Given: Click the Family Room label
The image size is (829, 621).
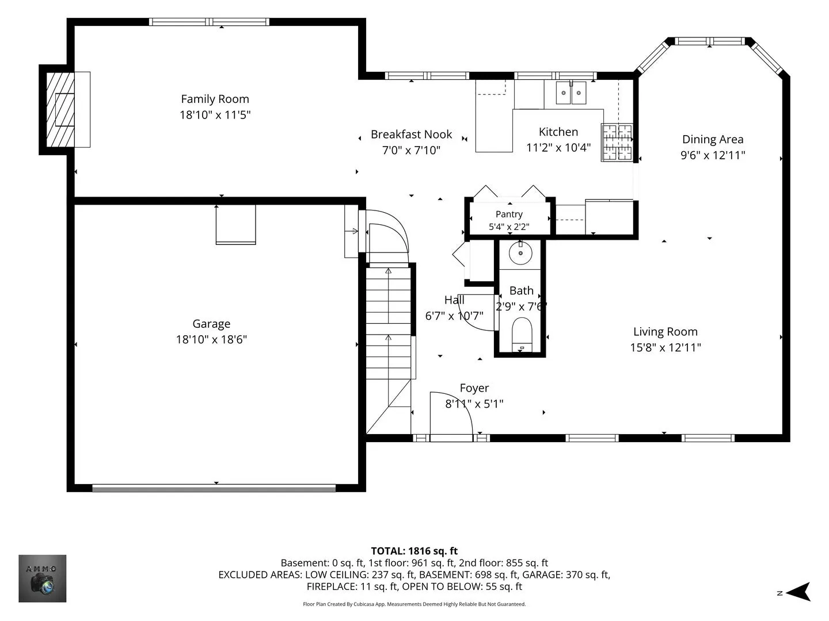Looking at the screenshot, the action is point(215,99).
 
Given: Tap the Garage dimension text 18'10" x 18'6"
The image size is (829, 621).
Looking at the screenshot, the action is point(211,339).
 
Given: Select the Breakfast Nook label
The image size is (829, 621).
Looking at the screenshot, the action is point(411,134).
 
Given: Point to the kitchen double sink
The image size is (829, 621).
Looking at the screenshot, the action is point(571,93).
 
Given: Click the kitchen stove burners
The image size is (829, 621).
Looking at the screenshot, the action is point(617,143).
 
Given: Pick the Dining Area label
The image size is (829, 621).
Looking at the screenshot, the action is point(713,140).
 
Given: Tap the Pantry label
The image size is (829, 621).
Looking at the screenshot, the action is point(509,214).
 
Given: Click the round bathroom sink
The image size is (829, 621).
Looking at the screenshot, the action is point(520,253).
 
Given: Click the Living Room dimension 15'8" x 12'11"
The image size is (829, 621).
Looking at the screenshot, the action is point(666,347).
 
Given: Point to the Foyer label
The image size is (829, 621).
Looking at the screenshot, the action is point(474,388).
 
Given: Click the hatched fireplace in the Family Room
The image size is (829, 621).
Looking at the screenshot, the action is point(60,109).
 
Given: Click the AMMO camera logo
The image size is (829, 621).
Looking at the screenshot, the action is point(42,578).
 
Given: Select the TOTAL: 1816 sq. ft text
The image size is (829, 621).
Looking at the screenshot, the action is point(414,551).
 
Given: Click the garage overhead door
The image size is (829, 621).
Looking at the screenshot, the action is point(214,488).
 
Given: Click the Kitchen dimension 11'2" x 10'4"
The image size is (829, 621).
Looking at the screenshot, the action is point(558,147).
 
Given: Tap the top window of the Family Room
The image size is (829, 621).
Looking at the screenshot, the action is point(209,22).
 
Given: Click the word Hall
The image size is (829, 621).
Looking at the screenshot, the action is point(454,300).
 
